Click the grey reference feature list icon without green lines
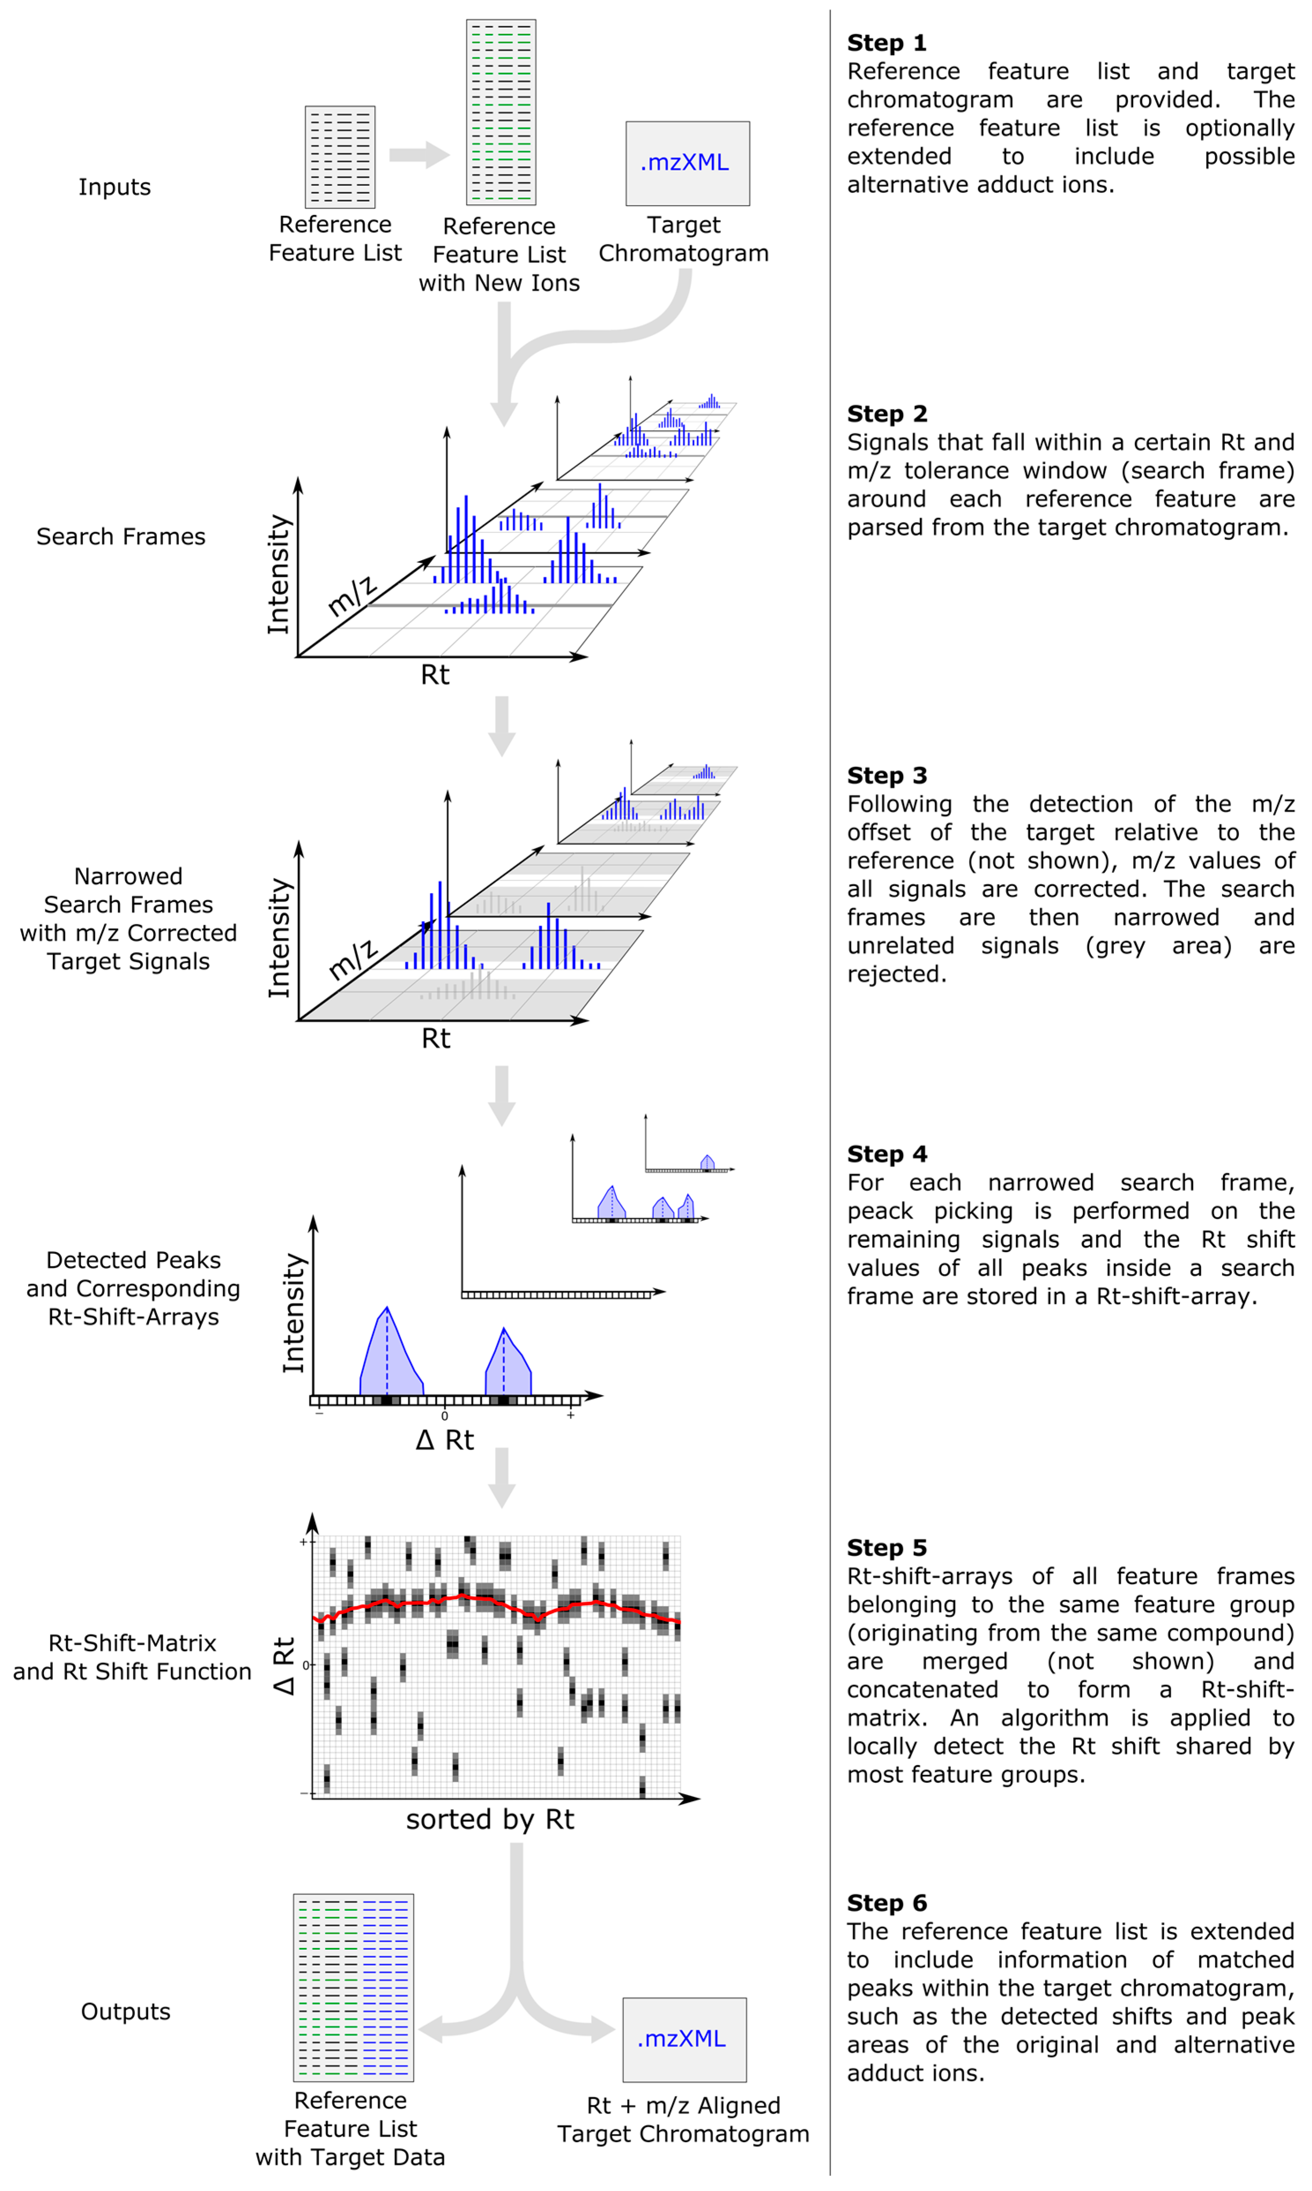340,156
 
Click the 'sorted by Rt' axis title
490,1820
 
